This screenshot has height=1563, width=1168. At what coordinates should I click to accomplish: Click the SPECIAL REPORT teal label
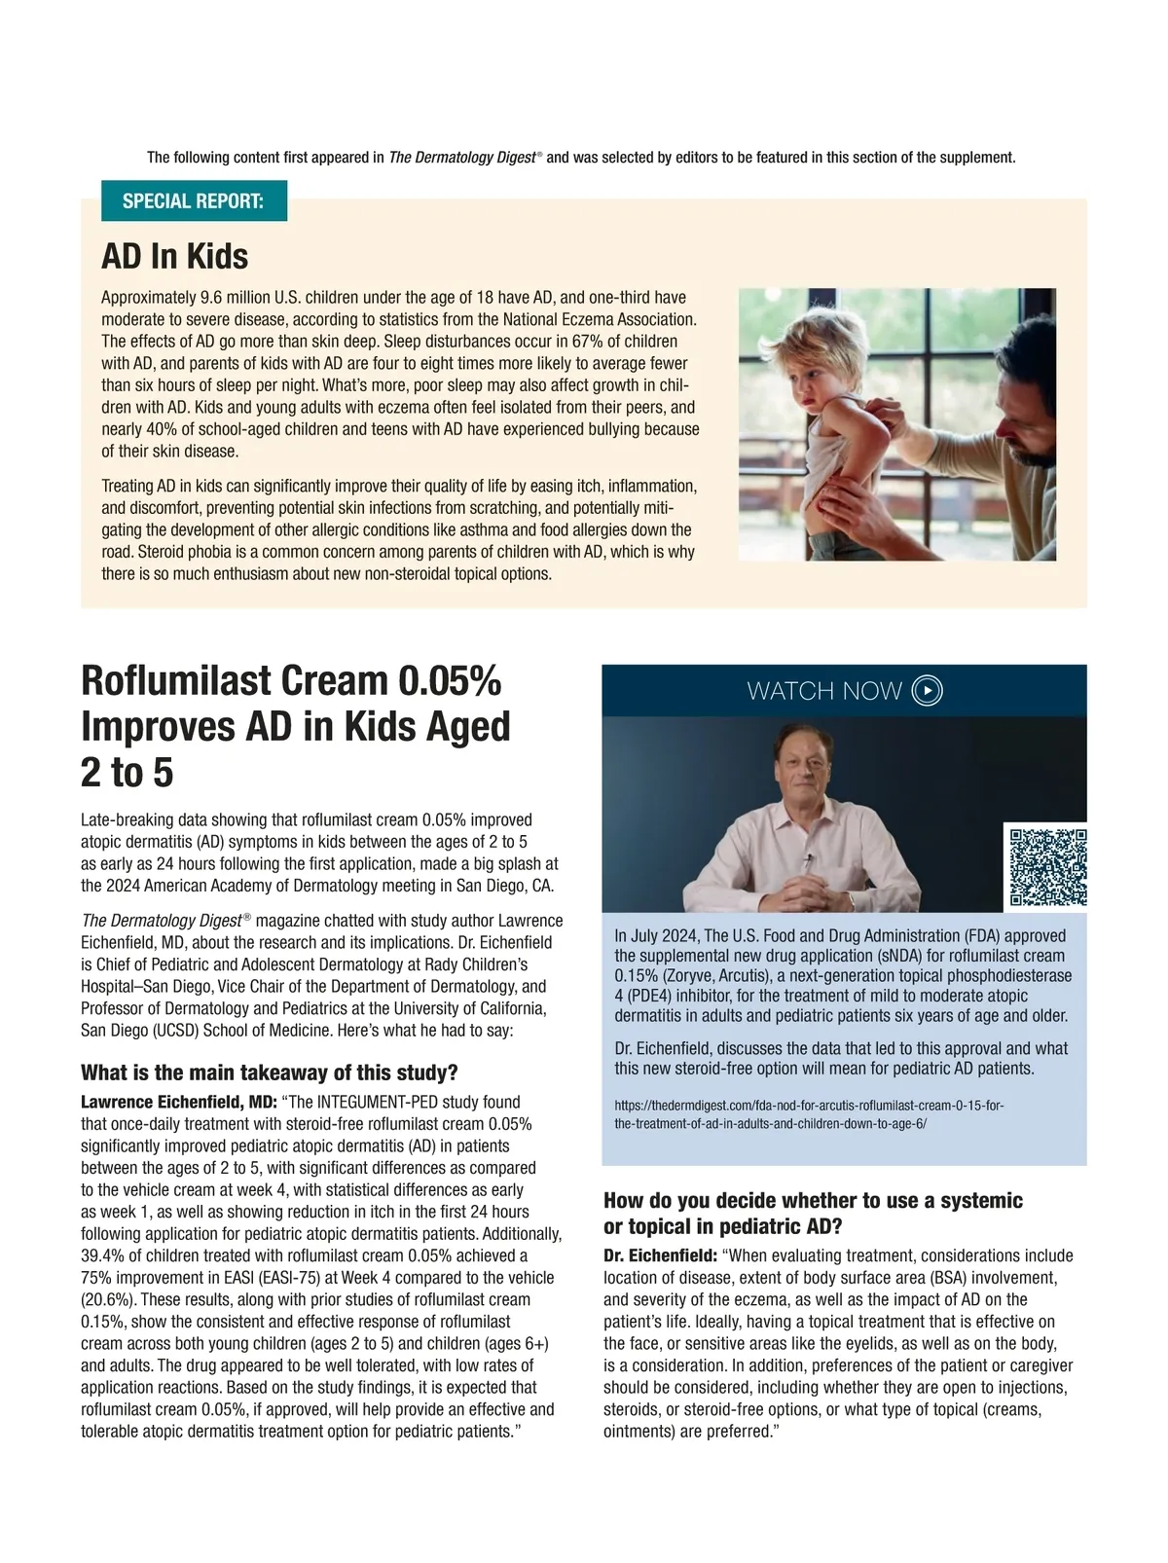[x=194, y=201]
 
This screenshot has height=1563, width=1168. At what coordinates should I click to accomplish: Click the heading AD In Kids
[x=175, y=256]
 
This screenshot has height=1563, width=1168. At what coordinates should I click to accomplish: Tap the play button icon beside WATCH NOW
[x=928, y=691]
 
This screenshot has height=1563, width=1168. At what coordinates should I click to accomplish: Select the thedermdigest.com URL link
[x=809, y=1114]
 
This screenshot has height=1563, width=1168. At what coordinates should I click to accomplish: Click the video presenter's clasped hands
[x=807, y=888]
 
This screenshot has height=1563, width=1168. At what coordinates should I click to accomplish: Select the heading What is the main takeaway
[x=269, y=1072]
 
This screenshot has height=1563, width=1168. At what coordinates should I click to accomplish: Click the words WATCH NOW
[x=824, y=691]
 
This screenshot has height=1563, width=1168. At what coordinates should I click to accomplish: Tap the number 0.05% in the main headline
[x=449, y=680]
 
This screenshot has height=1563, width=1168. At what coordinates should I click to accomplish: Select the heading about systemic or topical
[x=813, y=1213]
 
